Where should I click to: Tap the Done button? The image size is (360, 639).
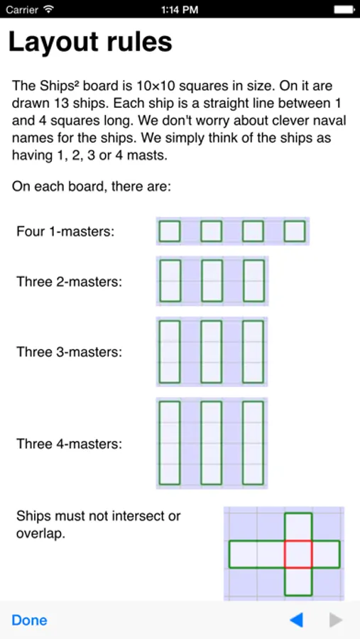coord(29,621)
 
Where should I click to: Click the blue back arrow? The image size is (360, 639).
coord(296,621)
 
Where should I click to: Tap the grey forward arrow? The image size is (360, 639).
coord(336,621)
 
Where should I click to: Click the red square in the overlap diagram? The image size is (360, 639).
coord(298,555)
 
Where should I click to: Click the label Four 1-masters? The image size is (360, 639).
coord(65,231)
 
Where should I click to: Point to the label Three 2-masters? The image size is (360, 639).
coord(70,282)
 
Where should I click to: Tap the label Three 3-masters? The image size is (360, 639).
coord(70,351)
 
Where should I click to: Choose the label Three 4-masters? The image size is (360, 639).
coord(70,443)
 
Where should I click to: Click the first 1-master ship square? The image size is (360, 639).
coord(170,231)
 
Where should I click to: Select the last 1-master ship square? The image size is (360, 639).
coord(295,231)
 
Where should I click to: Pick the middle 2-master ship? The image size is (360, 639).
coord(212,280)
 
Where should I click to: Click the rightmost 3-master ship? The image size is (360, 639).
coord(253,351)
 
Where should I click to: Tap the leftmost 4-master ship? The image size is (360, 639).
coord(170,443)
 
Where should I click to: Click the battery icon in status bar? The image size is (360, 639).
coord(344,9)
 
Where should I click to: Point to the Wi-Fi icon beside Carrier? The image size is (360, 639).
coord(49,9)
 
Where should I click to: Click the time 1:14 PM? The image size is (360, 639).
coord(180,9)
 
